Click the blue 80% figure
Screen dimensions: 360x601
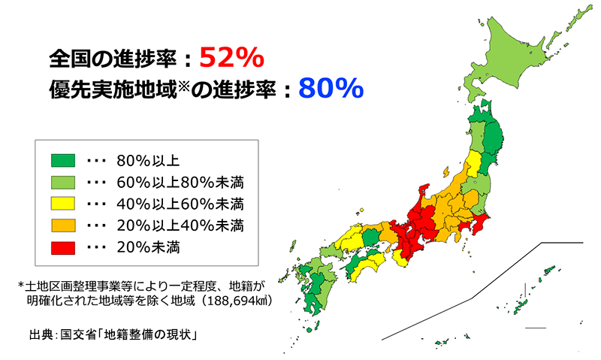(x=331, y=89)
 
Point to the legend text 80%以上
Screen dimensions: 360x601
(x=148, y=160)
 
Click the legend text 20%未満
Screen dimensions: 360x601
(x=148, y=246)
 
